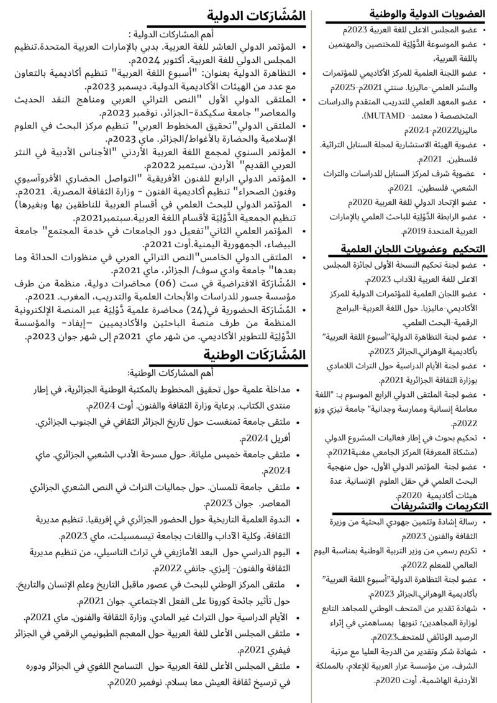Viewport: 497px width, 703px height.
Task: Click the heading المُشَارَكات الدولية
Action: [x=256, y=16]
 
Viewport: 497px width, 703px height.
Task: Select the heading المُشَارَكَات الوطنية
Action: [x=255, y=355]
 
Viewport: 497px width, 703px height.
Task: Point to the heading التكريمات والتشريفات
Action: [x=439, y=506]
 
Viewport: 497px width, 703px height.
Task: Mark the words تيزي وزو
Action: [x=347, y=410]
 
